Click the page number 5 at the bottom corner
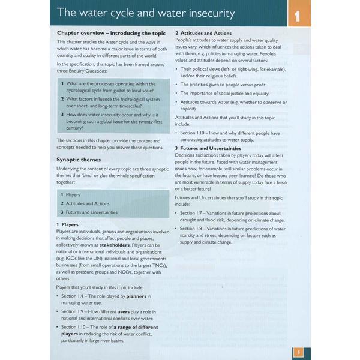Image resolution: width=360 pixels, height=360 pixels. (298, 352)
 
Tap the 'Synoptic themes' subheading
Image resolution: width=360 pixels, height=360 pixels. (79, 160)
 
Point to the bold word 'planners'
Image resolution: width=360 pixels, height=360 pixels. (140, 296)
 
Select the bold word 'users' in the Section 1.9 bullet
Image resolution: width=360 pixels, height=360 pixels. (125, 312)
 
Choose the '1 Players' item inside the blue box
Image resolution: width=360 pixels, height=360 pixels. (70, 195)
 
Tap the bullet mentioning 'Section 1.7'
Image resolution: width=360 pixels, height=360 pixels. (230, 217)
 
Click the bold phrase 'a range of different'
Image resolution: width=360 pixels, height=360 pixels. (132, 327)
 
